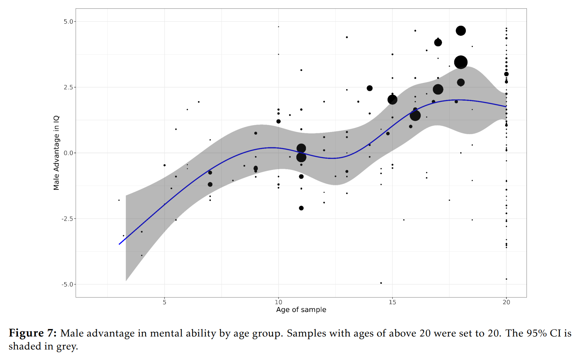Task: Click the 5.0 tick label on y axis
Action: tap(68, 22)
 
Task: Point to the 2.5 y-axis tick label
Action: tap(68, 87)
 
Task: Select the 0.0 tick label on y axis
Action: tap(68, 153)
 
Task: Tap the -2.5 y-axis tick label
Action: tap(67, 219)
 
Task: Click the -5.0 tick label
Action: tap(67, 285)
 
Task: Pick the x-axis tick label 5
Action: tap(165, 302)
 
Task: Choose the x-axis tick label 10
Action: tap(279, 302)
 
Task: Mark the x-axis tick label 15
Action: tap(392, 302)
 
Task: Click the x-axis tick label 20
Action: tap(506, 302)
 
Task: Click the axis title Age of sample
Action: tap(301, 310)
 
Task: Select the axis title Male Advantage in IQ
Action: tap(56, 153)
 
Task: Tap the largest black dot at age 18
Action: tap(461, 62)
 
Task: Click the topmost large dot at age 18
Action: tap(461, 31)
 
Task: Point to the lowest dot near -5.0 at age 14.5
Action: tap(381, 283)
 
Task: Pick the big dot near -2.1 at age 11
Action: tap(301, 208)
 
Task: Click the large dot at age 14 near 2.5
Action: tap(369, 88)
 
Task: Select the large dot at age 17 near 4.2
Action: tap(438, 42)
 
